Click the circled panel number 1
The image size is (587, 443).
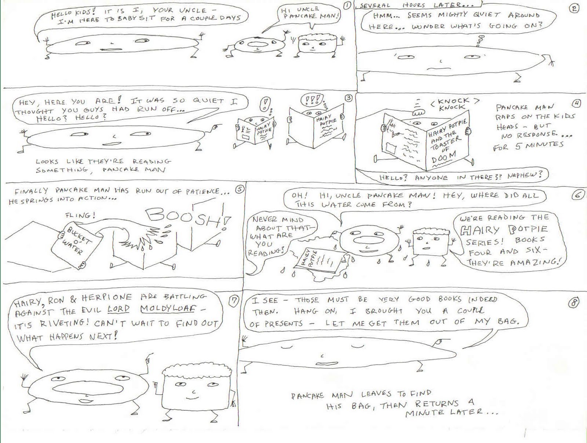tap(347, 6)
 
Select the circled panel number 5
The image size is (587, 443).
tap(240, 190)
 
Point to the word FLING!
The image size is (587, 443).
tap(80, 215)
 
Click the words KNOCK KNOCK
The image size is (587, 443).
tap(455, 104)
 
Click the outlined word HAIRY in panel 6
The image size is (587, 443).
tap(480, 230)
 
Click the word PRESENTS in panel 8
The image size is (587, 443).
tap(284, 324)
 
